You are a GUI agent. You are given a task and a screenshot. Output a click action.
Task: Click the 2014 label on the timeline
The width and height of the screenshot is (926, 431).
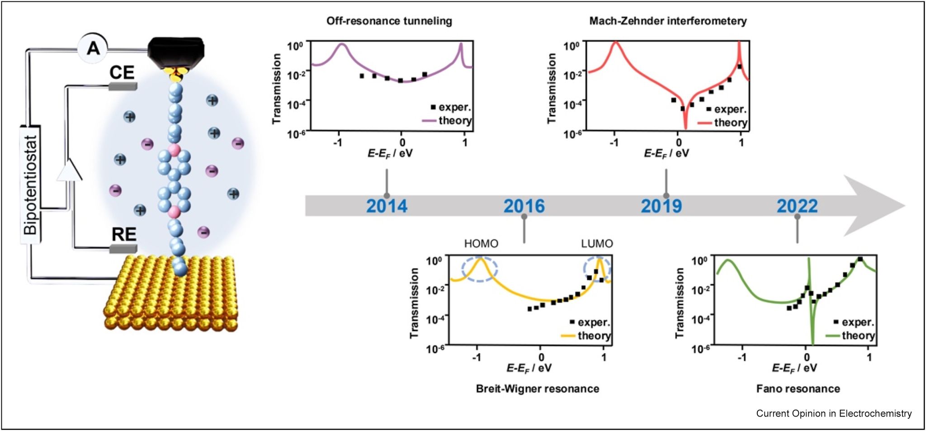387,206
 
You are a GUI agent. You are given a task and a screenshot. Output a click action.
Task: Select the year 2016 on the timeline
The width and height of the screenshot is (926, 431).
524,206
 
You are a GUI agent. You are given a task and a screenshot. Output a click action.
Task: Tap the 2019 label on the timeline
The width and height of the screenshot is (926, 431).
661,206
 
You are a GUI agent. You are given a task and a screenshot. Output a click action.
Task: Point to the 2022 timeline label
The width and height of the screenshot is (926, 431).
797,206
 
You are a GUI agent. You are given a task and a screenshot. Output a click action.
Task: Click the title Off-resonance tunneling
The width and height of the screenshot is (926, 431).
389,21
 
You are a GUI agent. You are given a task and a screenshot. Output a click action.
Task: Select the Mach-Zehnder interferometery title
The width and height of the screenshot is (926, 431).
668,21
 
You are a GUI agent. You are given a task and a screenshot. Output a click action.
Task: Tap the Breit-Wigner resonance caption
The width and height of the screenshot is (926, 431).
537,388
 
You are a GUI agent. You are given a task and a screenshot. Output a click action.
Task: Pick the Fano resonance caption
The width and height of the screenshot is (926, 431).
798,388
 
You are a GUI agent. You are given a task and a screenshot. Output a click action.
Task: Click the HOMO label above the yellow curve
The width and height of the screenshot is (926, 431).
481,244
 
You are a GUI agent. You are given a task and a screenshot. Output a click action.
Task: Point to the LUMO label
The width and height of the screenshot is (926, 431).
597,244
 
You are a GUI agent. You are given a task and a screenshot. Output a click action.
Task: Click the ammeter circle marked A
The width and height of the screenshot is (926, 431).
93,47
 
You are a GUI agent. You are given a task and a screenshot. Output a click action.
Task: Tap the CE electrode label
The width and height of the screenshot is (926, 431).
122,72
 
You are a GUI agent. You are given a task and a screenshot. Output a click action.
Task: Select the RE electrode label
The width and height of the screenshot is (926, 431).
123,234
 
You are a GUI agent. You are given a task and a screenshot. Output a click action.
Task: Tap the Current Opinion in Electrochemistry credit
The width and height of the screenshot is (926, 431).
834,413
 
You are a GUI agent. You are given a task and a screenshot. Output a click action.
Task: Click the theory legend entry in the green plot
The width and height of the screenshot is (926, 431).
857,336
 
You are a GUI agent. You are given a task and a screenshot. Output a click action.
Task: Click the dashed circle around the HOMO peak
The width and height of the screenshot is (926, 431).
480,269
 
